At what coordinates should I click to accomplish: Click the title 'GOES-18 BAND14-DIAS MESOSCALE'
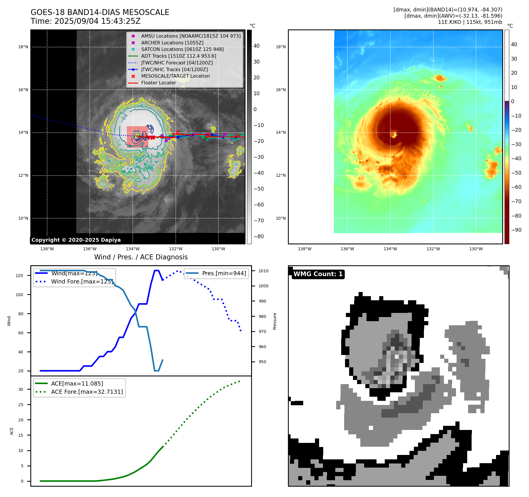click(x=100, y=12)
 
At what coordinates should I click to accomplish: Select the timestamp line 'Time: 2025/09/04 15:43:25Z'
click(x=85, y=21)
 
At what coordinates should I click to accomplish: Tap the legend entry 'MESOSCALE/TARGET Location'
click(x=175, y=76)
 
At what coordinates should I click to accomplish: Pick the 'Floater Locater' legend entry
click(x=158, y=83)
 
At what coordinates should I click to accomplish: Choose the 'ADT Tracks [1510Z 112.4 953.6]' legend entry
click(x=178, y=56)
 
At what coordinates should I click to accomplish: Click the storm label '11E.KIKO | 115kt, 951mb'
click(x=470, y=22)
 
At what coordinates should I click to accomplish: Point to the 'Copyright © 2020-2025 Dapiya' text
click(x=76, y=240)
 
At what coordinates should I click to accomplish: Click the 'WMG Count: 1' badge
click(x=318, y=274)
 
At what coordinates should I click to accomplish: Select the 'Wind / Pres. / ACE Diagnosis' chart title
click(x=141, y=257)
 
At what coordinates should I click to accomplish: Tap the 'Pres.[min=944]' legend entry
click(x=224, y=273)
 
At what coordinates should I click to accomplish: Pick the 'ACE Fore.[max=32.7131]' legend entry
click(x=87, y=392)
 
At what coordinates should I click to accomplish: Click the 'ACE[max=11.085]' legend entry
click(x=77, y=383)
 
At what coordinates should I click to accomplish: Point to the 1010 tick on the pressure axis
click(x=263, y=271)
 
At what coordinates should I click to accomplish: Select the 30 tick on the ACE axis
click(x=21, y=389)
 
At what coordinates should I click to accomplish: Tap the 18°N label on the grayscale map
click(x=23, y=47)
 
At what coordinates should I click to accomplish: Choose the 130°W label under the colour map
click(x=476, y=249)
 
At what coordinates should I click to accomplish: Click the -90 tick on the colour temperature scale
click(x=516, y=230)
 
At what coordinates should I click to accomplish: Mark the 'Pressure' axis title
click(x=275, y=321)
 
